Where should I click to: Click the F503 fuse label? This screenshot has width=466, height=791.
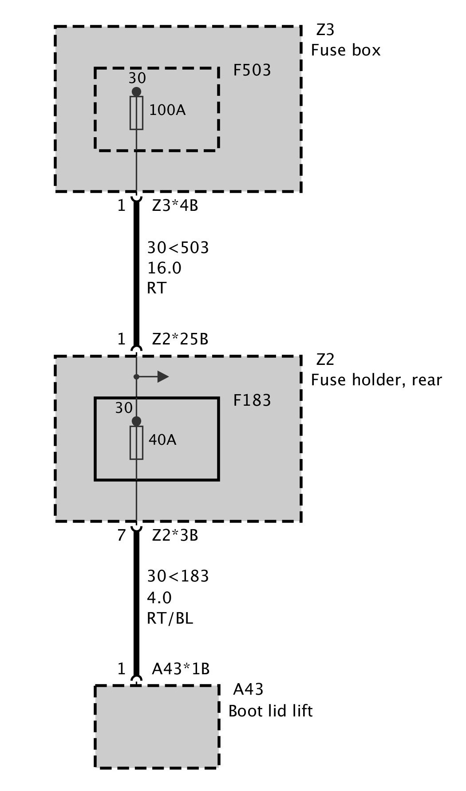(x=252, y=70)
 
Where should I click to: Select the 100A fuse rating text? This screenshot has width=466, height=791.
(x=167, y=110)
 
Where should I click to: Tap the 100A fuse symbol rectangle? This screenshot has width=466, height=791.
(x=136, y=113)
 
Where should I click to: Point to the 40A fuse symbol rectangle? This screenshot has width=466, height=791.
(x=136, y=443)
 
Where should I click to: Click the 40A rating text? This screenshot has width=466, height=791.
(x=162, y=439)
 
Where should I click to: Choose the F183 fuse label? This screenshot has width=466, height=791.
(x=252, y=400)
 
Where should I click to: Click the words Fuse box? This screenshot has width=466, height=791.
(x=346, y=50)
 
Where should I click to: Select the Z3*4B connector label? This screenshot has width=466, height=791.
(x=175, y=206)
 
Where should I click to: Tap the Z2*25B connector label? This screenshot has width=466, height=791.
(x=180, y=339)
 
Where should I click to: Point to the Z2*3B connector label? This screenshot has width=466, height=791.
(x=175, y=535)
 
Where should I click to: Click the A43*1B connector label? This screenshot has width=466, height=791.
(x=181, y=668)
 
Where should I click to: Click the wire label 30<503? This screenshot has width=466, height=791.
(x=178, y=248)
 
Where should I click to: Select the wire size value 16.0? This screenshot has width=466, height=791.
(x=164, y=268)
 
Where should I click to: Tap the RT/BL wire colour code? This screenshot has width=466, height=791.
(x=170, y=618)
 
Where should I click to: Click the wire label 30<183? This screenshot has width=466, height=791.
(x=178, y=576)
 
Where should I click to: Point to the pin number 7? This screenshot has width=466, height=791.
(x=122, y=535)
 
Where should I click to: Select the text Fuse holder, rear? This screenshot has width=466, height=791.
(x=376, y=380)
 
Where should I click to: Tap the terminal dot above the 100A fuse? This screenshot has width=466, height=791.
(x=136, y=91)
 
